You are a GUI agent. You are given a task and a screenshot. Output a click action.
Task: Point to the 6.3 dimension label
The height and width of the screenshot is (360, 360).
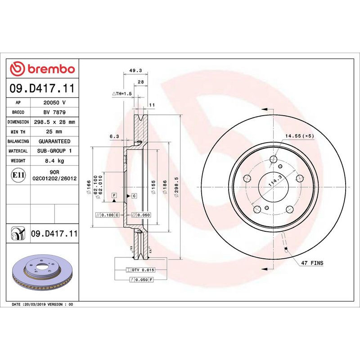click(x=113, y=136)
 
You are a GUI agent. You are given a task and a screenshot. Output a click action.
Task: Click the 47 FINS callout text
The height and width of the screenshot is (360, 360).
click(x=312, y=262)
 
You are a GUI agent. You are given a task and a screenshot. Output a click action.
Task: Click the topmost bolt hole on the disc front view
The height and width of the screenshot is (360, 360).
click(x=273, y=159)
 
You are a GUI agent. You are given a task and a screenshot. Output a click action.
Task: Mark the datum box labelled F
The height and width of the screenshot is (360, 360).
click(x=114, y=195)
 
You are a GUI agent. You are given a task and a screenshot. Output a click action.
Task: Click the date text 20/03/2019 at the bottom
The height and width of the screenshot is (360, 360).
click(x=34, y=305)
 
